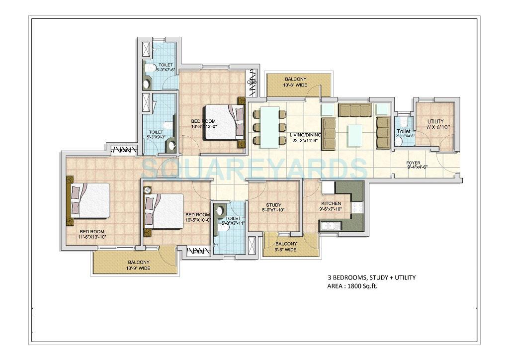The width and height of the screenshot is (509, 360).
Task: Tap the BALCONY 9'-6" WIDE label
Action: tap(286, 247)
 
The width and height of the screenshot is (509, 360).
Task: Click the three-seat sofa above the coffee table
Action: tap(354, 110)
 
